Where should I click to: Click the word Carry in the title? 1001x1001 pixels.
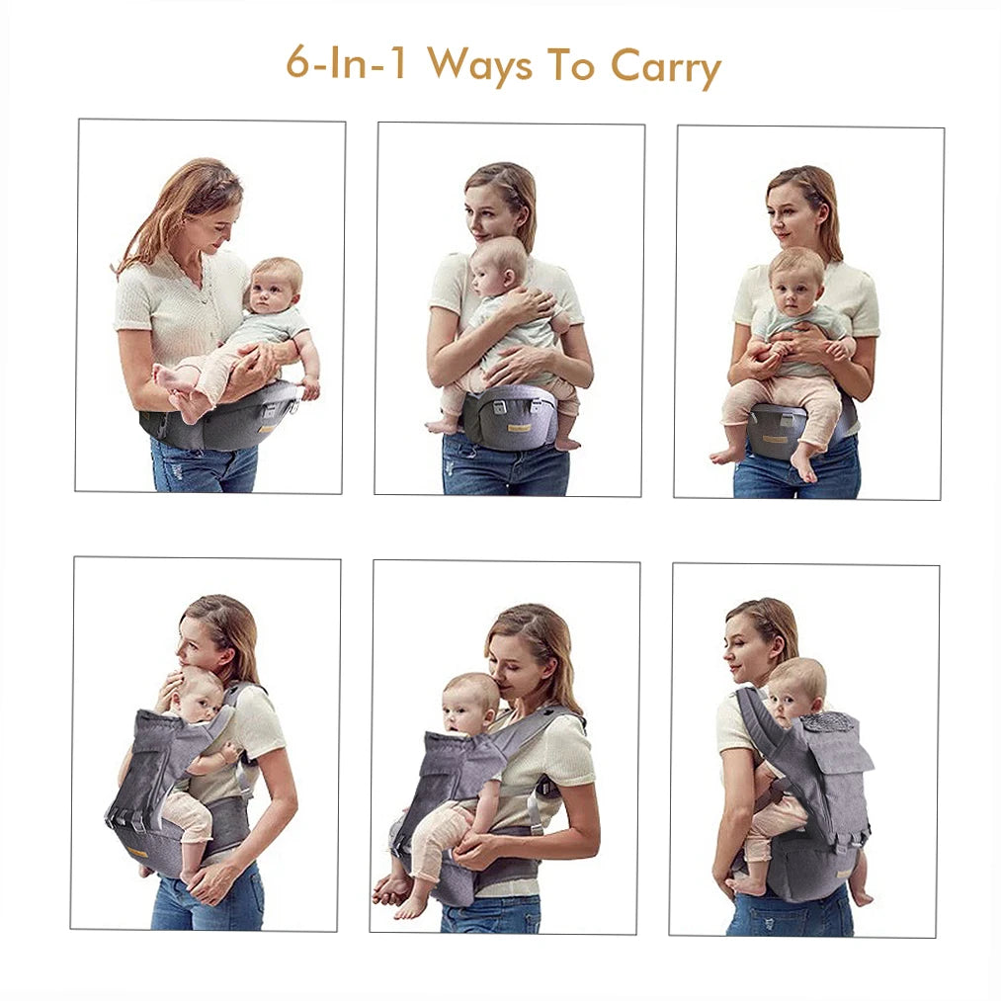coord(665,67)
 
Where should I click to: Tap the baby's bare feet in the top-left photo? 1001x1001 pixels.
coord(178,389)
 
